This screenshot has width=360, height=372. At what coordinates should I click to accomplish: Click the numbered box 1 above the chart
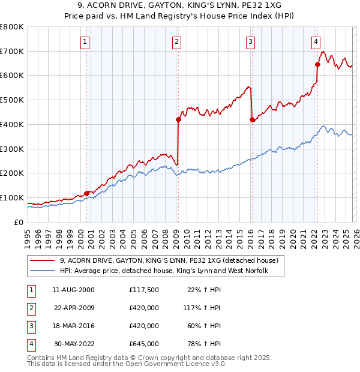click(85, 41)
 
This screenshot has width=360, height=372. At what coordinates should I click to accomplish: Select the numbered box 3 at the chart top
click(250, 41)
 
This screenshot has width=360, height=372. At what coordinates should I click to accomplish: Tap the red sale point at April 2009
click(178, 119)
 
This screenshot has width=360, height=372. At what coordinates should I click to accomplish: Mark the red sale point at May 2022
click(317, 64)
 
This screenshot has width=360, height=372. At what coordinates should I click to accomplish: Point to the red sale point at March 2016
click(251, 119)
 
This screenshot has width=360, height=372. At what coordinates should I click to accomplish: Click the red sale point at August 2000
click(86, 193)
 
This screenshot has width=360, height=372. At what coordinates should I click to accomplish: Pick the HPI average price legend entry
click(163, 271)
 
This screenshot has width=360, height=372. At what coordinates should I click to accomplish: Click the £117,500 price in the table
click(143, 290)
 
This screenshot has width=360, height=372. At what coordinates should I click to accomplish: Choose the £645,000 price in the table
click(143, 344)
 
